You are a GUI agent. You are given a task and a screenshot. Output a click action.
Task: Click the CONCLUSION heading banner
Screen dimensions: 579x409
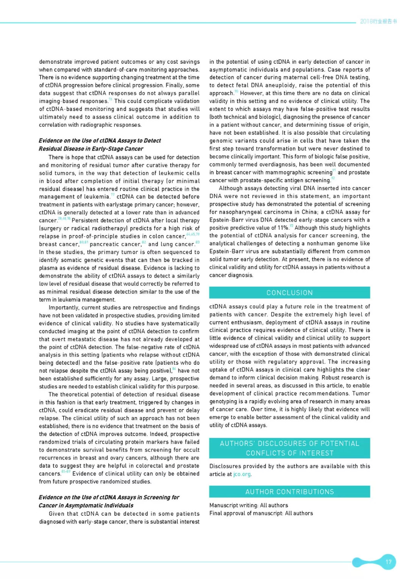pyautogui.click(x=289, y=293)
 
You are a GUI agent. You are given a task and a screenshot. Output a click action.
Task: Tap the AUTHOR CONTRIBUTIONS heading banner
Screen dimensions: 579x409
pyautogui.click(x=289, y=492)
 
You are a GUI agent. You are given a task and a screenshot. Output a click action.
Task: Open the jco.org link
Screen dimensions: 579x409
pyautogui.click(x=242, y=474)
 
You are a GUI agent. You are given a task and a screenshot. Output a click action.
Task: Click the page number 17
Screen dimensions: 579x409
pyautogui.click(x=388, y=562)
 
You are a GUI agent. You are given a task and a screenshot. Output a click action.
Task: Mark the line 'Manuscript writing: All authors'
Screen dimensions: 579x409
pyautogui.click(x=248, y=505)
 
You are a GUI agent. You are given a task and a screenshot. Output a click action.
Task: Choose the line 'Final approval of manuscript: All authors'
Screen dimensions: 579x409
pyautogui.click(x=261, y=513)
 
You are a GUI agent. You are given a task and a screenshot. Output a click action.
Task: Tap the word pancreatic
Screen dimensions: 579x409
pyautogui.click(x=115, y=244)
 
